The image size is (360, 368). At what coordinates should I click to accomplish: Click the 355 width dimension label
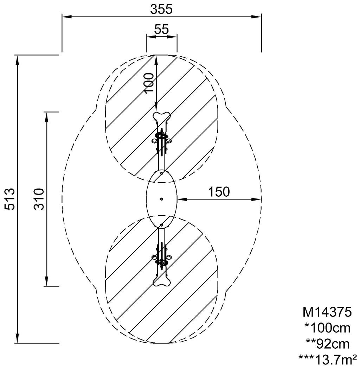click(x=161, y=9)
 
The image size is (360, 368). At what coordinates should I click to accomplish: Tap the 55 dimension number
click(x=161, y=30)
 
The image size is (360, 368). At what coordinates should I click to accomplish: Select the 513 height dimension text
click(x=10, y=199)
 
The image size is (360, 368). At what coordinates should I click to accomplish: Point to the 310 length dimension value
click(x=39, y=199)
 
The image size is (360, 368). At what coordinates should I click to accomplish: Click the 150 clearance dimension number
click(x=219, y=192)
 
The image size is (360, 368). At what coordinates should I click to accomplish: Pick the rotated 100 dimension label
click(x=149, y=83)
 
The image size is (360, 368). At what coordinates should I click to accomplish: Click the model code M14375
click(x=327, y=312)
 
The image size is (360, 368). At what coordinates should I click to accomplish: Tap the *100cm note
click(x=327, y=328)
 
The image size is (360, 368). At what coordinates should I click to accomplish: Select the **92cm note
click(x=327, y=344)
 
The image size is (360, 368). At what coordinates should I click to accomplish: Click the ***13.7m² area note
click(x=328, y=359)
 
